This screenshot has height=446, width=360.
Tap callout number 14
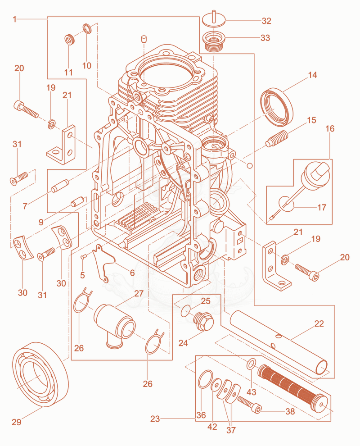click(x=312, y=75)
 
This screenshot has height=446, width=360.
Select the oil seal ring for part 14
click(x=276, y=106)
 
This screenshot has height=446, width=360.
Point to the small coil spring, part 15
click(x=277, y=139)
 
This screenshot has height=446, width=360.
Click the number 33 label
click(x=265, y=38)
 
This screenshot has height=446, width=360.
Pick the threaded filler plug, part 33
click(x=214, y=41)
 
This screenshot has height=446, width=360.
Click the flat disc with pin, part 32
click(x=214, y=19)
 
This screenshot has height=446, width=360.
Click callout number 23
click(x=155, y=419)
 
